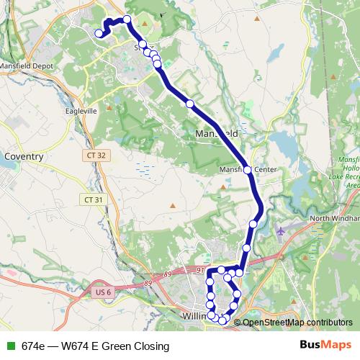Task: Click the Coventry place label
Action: pyautogui.click(x=24, y=156)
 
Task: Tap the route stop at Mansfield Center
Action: pyautogui.click(x=247, y=170)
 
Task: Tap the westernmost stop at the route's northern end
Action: pyautogui.click(x=99, y=32)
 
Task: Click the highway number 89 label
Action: pyautogui.click(x=149, y=276)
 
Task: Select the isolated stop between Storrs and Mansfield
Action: pyautogui.click(x=190, y=104)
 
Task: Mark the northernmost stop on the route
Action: pyautogui.click(x=127, y=19)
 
